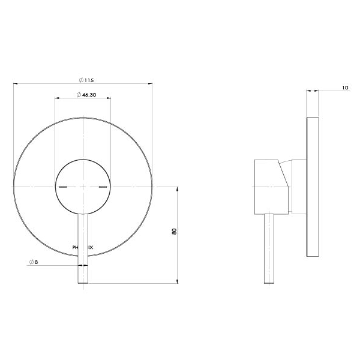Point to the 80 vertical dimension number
click(x=174, y=232)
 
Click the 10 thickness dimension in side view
click(x=344, y=88)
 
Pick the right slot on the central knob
click(x=103, y=188)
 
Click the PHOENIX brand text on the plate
click(x=83, y=246)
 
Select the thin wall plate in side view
click(x=312, y=186)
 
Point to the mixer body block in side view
click(x=267, y=186)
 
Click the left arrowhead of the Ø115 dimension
click(x=15, y=83)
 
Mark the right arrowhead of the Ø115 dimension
click(x=151, y=83)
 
